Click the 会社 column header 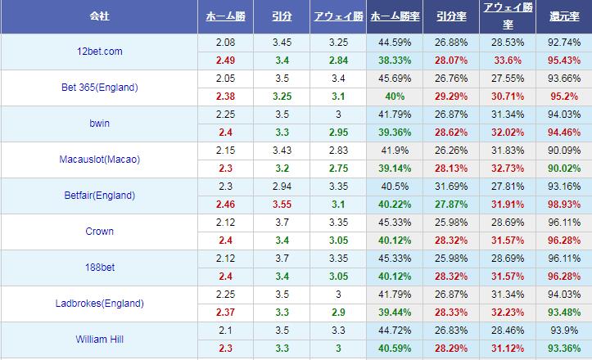[x=99, y=16]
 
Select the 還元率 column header [x=564, y=16]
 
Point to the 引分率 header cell [x=452, y=16]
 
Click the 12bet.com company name [x=99, y=52]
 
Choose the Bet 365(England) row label [x=99, y=88]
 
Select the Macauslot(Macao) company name [x=99, y=160]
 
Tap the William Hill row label [x=99, y=340]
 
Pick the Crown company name [x=99, y=232]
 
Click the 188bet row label [x=99, y=268]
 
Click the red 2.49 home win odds [x=226, y=60]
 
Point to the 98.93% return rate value [x=564, y=204]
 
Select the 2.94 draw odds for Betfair [x=280, y=187]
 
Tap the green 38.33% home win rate [x=395, y=60]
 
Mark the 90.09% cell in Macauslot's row [x=564, y=151]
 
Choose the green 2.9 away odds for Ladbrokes [x=337, y=312]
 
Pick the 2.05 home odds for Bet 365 [x=226, y=79]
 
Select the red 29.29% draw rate [x=452, y=96]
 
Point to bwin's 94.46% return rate [x=564, y=132]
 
